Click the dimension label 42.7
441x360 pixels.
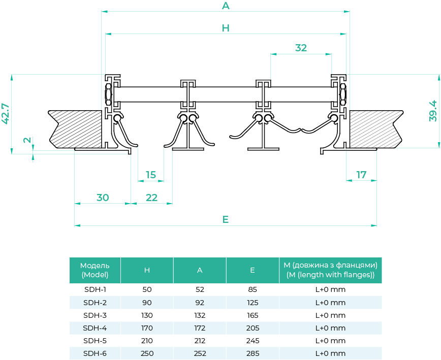pos(6,113)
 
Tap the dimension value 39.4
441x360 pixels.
pos(433,111)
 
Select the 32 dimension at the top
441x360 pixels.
pos(301,48)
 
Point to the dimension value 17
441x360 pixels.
pos(361,175)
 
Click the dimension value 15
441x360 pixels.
pos(151,175)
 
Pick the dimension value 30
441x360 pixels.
pos(103,198)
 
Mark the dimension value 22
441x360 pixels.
pos(151,198)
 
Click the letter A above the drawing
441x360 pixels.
pos(226,6)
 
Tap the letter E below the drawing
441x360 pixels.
pos(226,219)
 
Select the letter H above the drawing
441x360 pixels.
pos(226,28)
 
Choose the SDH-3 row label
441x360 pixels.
pos(94,315)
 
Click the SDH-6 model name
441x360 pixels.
pos(94,353)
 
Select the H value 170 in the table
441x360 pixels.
pos(147,328)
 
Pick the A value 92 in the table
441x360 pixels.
pos(200,303)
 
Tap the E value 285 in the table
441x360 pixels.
pos(253,353)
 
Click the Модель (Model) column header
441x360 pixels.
pos(94,270)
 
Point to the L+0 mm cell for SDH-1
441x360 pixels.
pos(330,290)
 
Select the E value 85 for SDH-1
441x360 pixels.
pos(253,290)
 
